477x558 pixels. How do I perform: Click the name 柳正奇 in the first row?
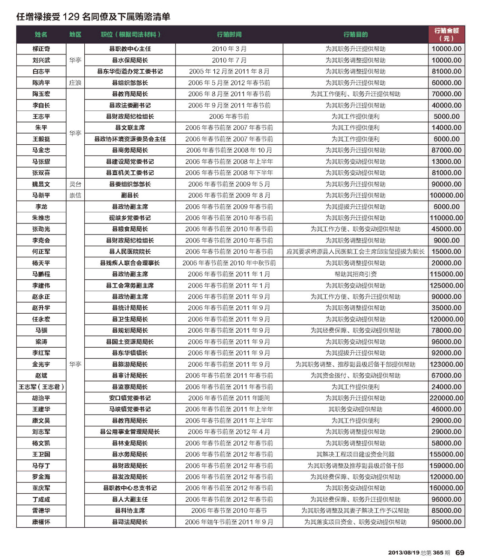pos(41,49)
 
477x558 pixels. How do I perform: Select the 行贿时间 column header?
pos(229,35)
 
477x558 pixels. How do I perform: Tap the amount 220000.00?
pos(446,398)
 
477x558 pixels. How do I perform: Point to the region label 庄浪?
pos(75,83)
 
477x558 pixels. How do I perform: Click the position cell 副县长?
pos(130,195)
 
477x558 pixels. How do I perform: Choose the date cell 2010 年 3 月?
pos(229,49)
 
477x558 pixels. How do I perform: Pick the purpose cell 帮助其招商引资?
pos(355,274)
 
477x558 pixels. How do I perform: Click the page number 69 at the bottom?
pos(460,552)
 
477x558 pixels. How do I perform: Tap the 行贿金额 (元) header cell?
pos(446,34)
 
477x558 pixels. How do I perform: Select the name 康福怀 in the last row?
pos(41,522)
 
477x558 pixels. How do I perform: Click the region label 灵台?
pos(75,184)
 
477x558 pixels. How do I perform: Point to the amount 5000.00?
pos(446,116)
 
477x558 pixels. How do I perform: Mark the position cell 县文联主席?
pos(130,128)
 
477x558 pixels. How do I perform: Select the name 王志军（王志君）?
pos(41,387)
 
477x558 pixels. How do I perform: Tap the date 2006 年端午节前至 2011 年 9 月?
pos(229,522)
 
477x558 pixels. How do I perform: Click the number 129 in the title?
pos(68,17)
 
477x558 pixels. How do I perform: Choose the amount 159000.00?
pos(446,465)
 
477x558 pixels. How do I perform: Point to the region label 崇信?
pos(75,195)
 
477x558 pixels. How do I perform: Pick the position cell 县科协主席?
pos(130,511)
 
